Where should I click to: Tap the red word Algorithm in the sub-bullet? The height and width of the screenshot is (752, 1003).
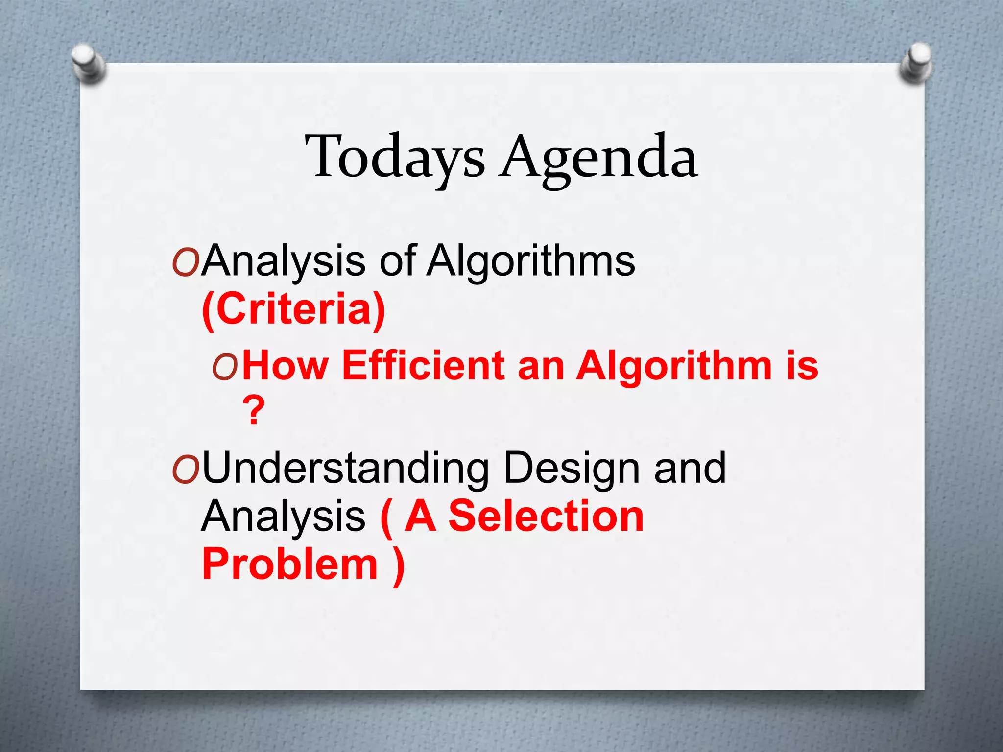click(673, 365)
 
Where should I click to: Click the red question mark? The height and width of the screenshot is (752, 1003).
click(254, 411)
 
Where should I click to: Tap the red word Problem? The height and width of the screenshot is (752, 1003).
click(290, 564)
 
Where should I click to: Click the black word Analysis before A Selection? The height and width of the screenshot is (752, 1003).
click(283, 517)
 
